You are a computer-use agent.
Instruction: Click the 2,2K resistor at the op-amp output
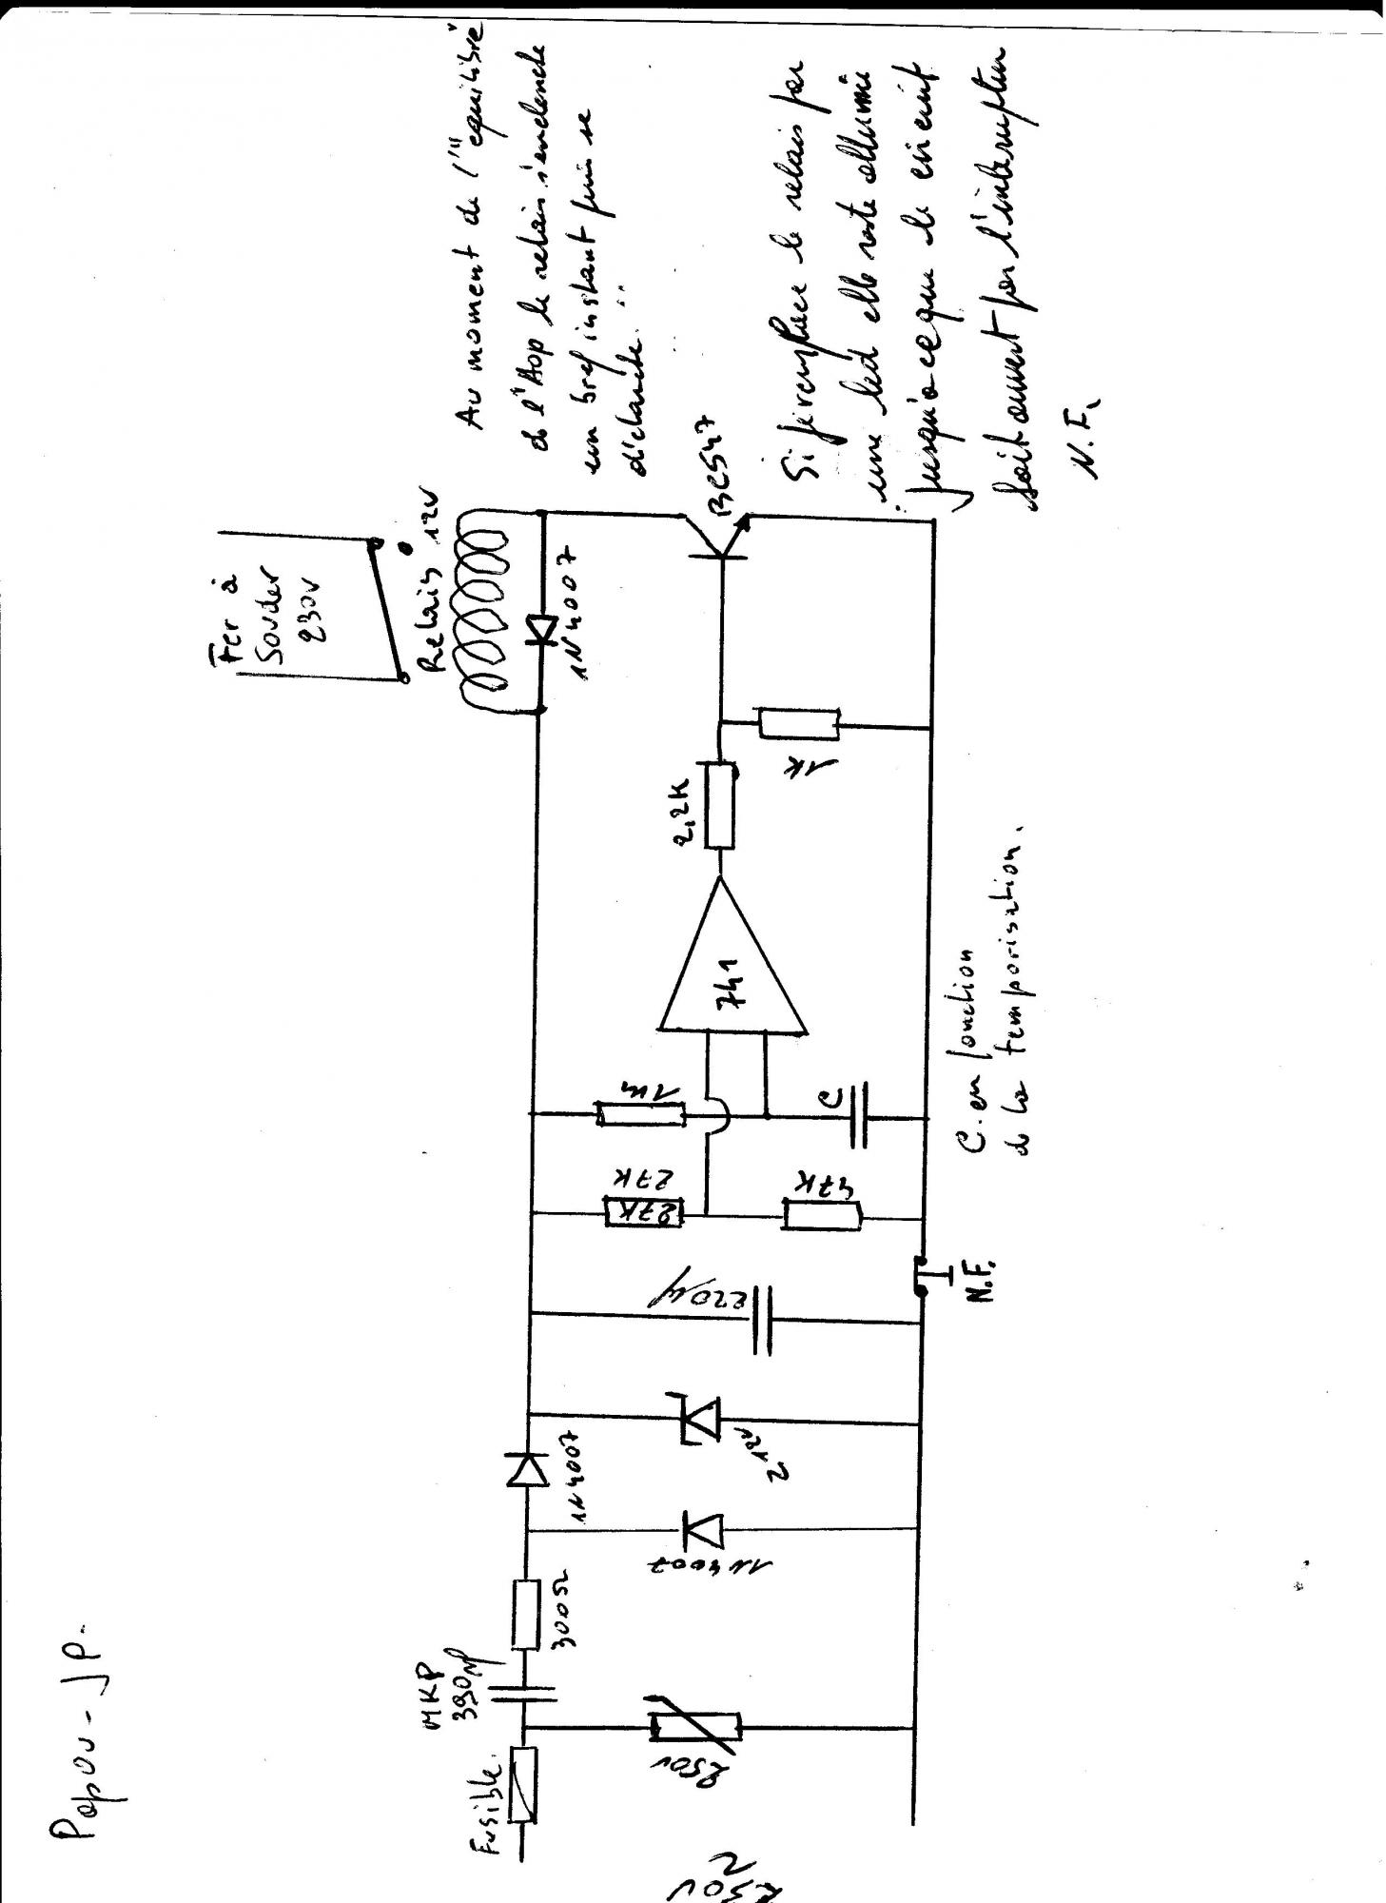[x=720, y=804]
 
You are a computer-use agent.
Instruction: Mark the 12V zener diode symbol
[x=702, y=1422]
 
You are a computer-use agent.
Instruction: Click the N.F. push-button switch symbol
[x=921, y=1275]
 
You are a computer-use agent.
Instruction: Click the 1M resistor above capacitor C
[x=639, y=1113]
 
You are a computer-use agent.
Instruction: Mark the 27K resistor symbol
[x=644, y=1213]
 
